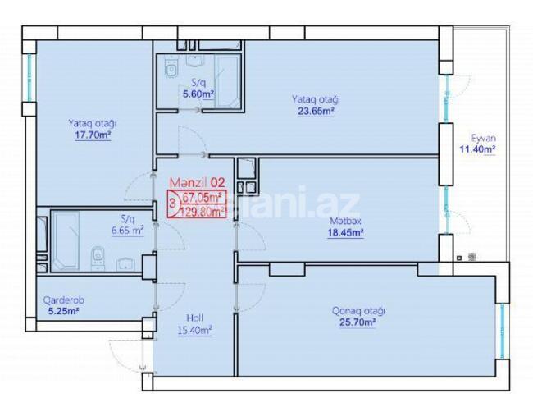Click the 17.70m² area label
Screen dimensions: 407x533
click(92, 135)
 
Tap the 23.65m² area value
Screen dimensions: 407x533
click(316, 112)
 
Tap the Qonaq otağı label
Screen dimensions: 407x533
click(358, 311)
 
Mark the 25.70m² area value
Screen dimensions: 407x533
click(358, 323)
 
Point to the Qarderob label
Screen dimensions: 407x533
click(62, 300)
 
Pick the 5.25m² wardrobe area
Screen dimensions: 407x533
click(62, 311)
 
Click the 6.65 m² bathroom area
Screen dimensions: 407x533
click(127, 231)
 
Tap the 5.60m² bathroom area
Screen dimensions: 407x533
click(198, 94)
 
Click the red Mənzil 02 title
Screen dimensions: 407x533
click(197, 182)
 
